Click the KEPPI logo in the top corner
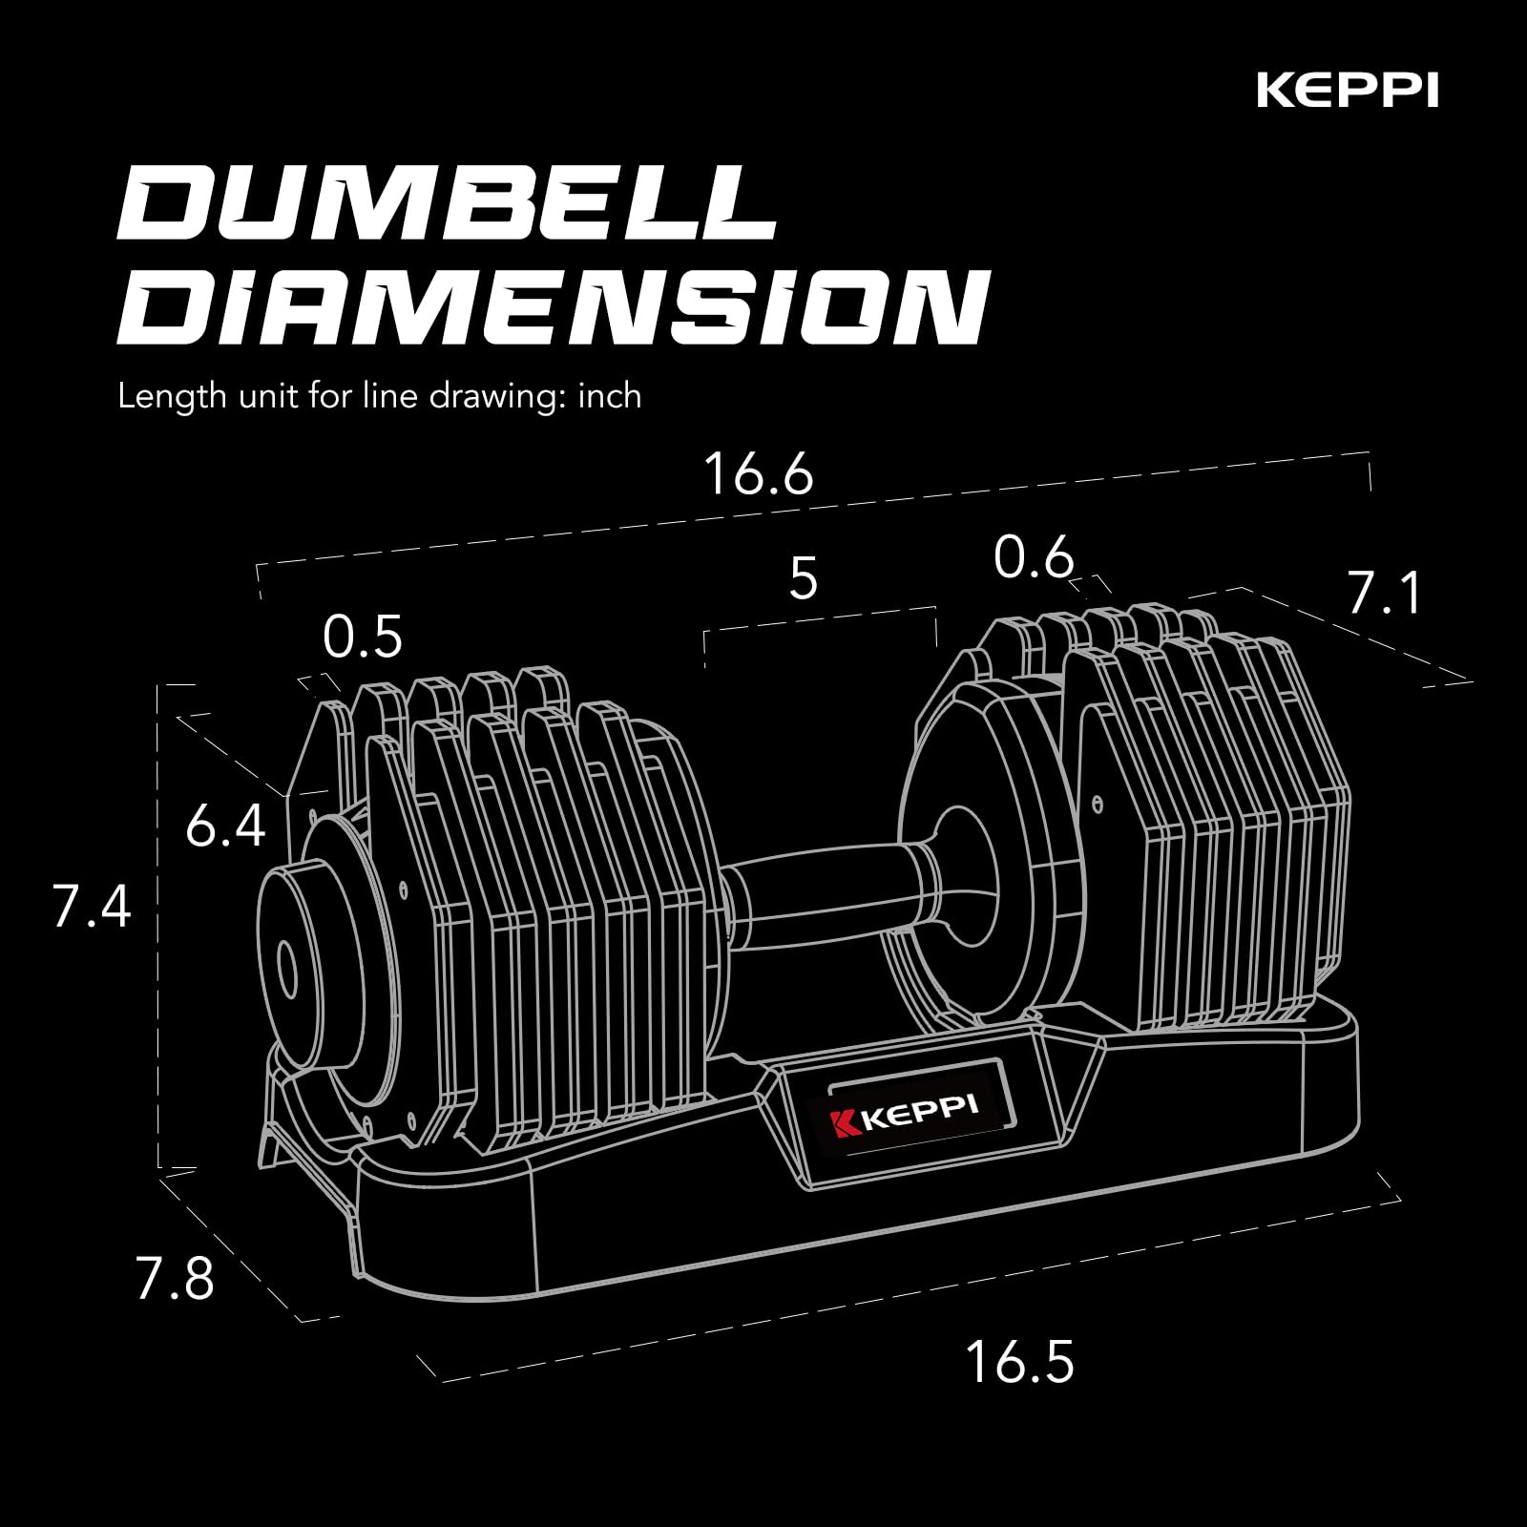coord(1348,92)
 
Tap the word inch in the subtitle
coord(609,395)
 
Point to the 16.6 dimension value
coord(758,473)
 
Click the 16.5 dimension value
coord(1019,1361)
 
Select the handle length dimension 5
coord(804,578)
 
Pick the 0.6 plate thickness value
coord(1034,557)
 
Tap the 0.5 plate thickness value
coord(363,637)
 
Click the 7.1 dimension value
coord(1384,593)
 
